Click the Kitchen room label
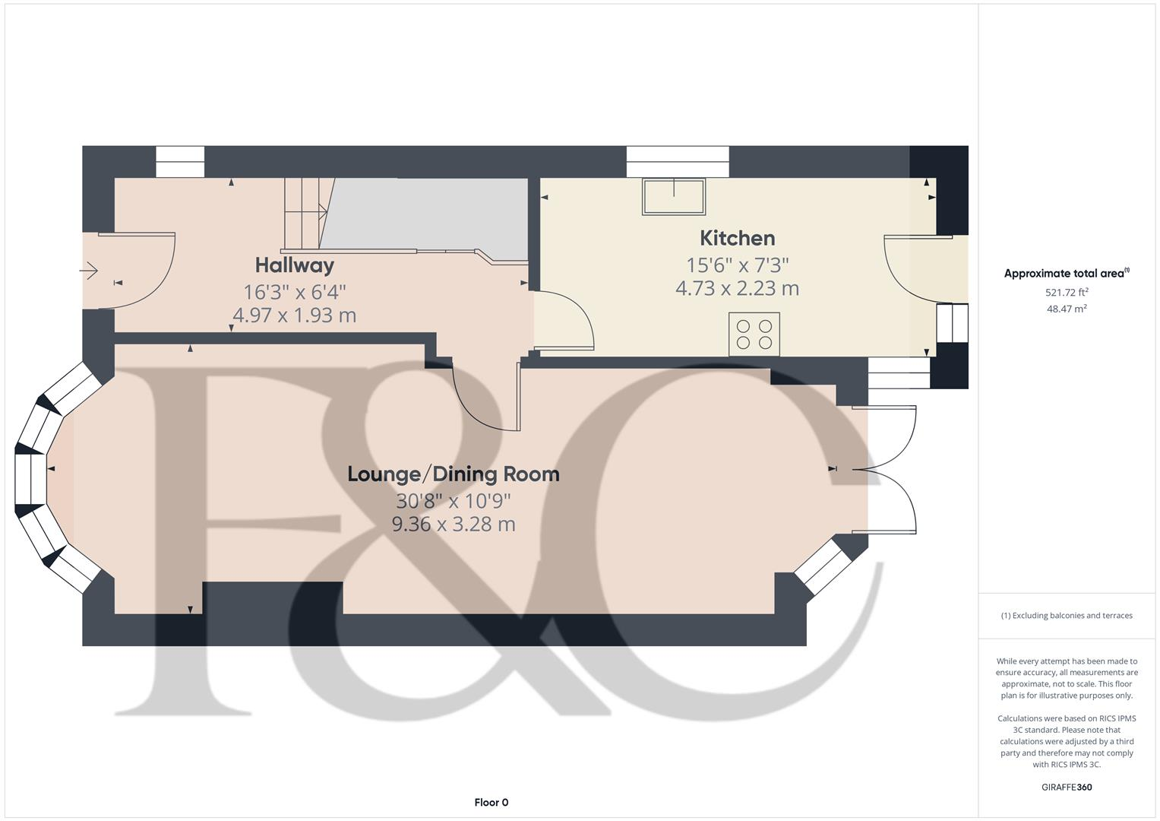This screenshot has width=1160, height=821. (x=737, y=238)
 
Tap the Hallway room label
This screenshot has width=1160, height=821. (x=294, y=265)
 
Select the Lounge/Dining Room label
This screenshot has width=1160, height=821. (x=453, y=474)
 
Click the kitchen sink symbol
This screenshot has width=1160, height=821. (x=673, y=196)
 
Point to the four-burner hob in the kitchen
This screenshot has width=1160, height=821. (x=754, y=334)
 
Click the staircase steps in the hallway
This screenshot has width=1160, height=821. (x=304, y=214)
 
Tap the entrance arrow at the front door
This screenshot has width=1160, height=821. (x=90, y=270)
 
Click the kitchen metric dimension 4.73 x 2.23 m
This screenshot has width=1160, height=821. (x=737, y=289)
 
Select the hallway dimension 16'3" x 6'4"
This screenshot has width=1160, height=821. (x=294, y=291)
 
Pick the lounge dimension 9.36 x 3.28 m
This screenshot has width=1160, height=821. (x=453, y=525)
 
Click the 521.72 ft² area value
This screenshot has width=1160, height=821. (x=1066, y=292)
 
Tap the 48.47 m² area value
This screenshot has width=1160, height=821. (x=1066, y=309)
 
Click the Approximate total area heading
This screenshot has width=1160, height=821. (x=1066, y=274)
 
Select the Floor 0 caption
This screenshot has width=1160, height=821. (x=491, y=802)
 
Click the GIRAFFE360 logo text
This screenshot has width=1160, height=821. (x=1066, y=787)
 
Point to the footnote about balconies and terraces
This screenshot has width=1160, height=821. (x=1066, y=615)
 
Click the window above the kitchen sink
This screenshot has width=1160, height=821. (x=678, y=161)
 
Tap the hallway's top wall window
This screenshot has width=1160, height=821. (x=180, y=161)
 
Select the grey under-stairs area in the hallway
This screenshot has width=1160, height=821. (x=425, y=214)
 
